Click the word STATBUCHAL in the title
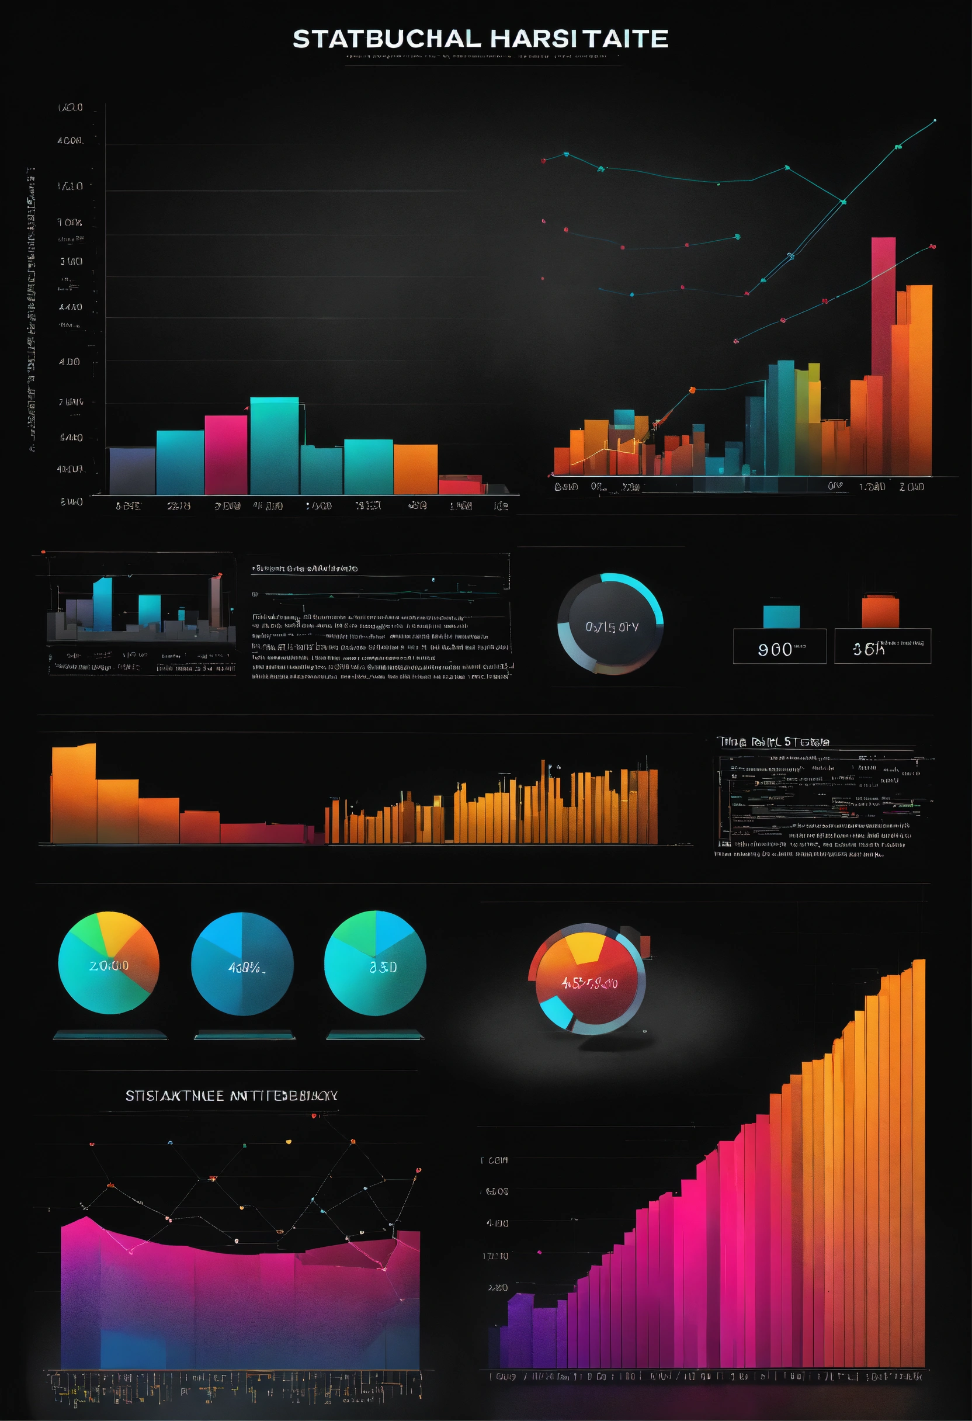click(x=386, y=39)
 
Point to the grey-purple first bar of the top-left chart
click(x=132, y=470)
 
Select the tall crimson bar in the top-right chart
click(x=883, y=306)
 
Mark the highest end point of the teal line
click(x=935, y=120)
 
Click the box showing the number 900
click(x=779, y=646)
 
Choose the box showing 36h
click(x=882, y=646)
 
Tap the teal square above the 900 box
click(x=781, y=616)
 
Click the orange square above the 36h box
click(x=880, y=611)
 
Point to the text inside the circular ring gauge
click(x=612, y=627)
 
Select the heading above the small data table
click(x=774, y=741)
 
